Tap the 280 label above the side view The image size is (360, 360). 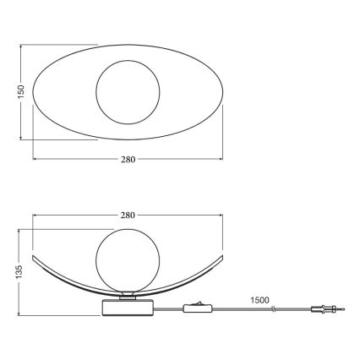(x=127, y=215)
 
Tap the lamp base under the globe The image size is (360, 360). (x=128, y=308)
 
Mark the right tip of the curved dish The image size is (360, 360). (x=223, y=254)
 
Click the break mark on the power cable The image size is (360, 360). (x=272, y=312)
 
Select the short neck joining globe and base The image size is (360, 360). (x=127, y=294)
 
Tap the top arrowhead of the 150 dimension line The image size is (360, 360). (x=20, y=46)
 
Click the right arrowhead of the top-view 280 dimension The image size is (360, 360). (x=221, y=158)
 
